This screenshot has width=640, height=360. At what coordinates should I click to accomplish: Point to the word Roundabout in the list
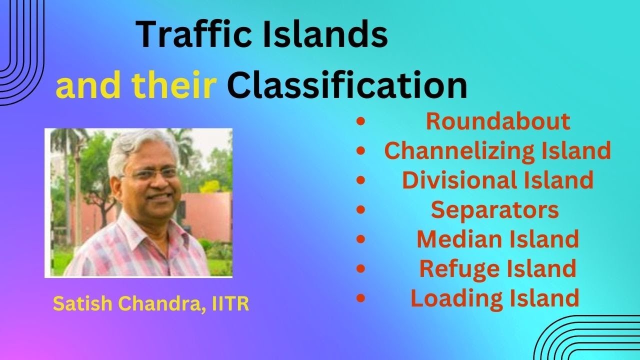[x=497, y=121]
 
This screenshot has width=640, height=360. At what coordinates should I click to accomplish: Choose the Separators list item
[x=494, y=209]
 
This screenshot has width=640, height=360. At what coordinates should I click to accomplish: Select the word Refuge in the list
[x=454, y=268]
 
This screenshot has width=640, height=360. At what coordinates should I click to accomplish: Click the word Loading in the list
[x=452, y=298]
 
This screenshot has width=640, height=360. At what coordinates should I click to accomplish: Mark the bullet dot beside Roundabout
[x=361, y=122]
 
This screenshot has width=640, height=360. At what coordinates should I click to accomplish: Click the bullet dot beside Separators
[x=361, y=210]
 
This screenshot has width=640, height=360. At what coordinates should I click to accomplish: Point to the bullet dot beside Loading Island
[x=361, y=298]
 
